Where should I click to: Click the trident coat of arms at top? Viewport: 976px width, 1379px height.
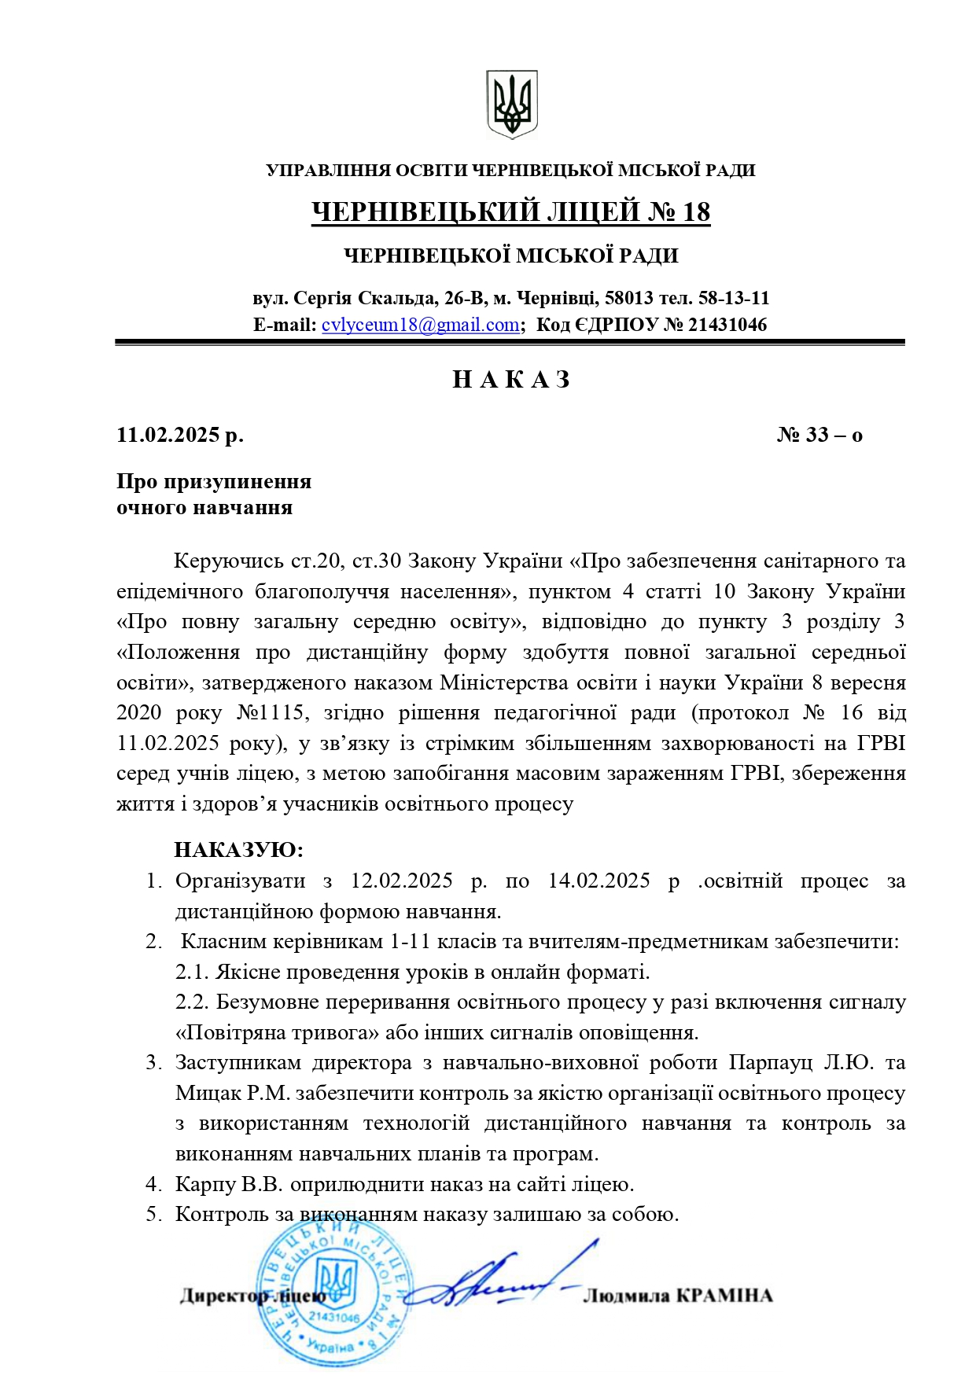[x=511, y=105]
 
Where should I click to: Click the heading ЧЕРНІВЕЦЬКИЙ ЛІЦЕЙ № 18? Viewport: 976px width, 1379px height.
[x=511, y=212]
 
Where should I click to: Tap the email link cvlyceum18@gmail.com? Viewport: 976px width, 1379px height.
[x=421, y=325]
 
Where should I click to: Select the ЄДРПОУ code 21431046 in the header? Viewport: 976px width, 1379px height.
[x=727, y=325]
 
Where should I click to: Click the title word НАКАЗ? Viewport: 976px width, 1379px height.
[x=511, y=380]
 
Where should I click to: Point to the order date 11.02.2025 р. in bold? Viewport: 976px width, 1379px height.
[x=180, y=435]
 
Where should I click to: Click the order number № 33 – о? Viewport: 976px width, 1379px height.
[x=819, y=435]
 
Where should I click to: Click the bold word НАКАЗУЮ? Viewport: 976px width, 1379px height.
[x=238, y=850]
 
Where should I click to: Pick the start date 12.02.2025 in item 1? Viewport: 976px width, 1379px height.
[x=402, y=881]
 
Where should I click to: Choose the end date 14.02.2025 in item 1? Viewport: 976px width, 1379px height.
[x=599, y=881]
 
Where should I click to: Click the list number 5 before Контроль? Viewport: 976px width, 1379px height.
[x=152, y=1215]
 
